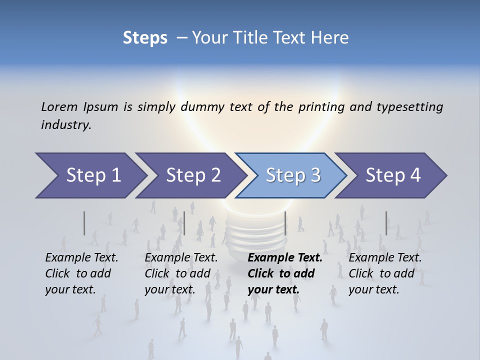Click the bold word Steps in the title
(145, 37)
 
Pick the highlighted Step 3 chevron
(292, 175)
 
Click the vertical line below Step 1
(84, 223)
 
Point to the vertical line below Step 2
(184, 223)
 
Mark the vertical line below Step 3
(285, 223)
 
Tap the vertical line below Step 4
(386, 223)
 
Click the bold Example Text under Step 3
(284, 258)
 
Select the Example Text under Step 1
(81, 258)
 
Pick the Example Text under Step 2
(181, 258)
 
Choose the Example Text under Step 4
(385, 258)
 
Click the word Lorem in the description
(59, 106)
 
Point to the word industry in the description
(66, 125)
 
